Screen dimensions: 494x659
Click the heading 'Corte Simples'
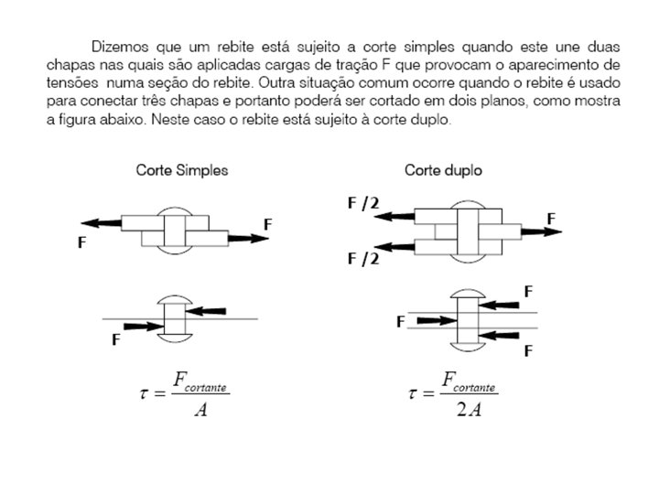pyautogui.click(x=182, y=170)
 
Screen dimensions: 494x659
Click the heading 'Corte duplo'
pyautogui.click(x=443, y=170)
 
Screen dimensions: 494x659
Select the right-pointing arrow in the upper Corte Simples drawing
pyautogui.click(x=247, y=238)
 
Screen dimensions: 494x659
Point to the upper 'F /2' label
pyautogui.click(x=362, y=203)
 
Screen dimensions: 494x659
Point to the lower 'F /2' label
pyautogui.click(x=362, y=259)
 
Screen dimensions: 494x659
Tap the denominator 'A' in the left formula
pyautogui.click(x=200, y=409)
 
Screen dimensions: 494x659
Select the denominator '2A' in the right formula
pyautogui.click(x=470, y=409)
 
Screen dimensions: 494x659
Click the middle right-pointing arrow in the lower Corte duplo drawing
pyautogui.click(x=434, y=321)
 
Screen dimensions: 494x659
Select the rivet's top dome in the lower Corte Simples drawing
pyautogui.click(x=173, y=300)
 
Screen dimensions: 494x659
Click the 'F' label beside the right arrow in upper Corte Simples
pyautogui.click(x=268, y=223)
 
